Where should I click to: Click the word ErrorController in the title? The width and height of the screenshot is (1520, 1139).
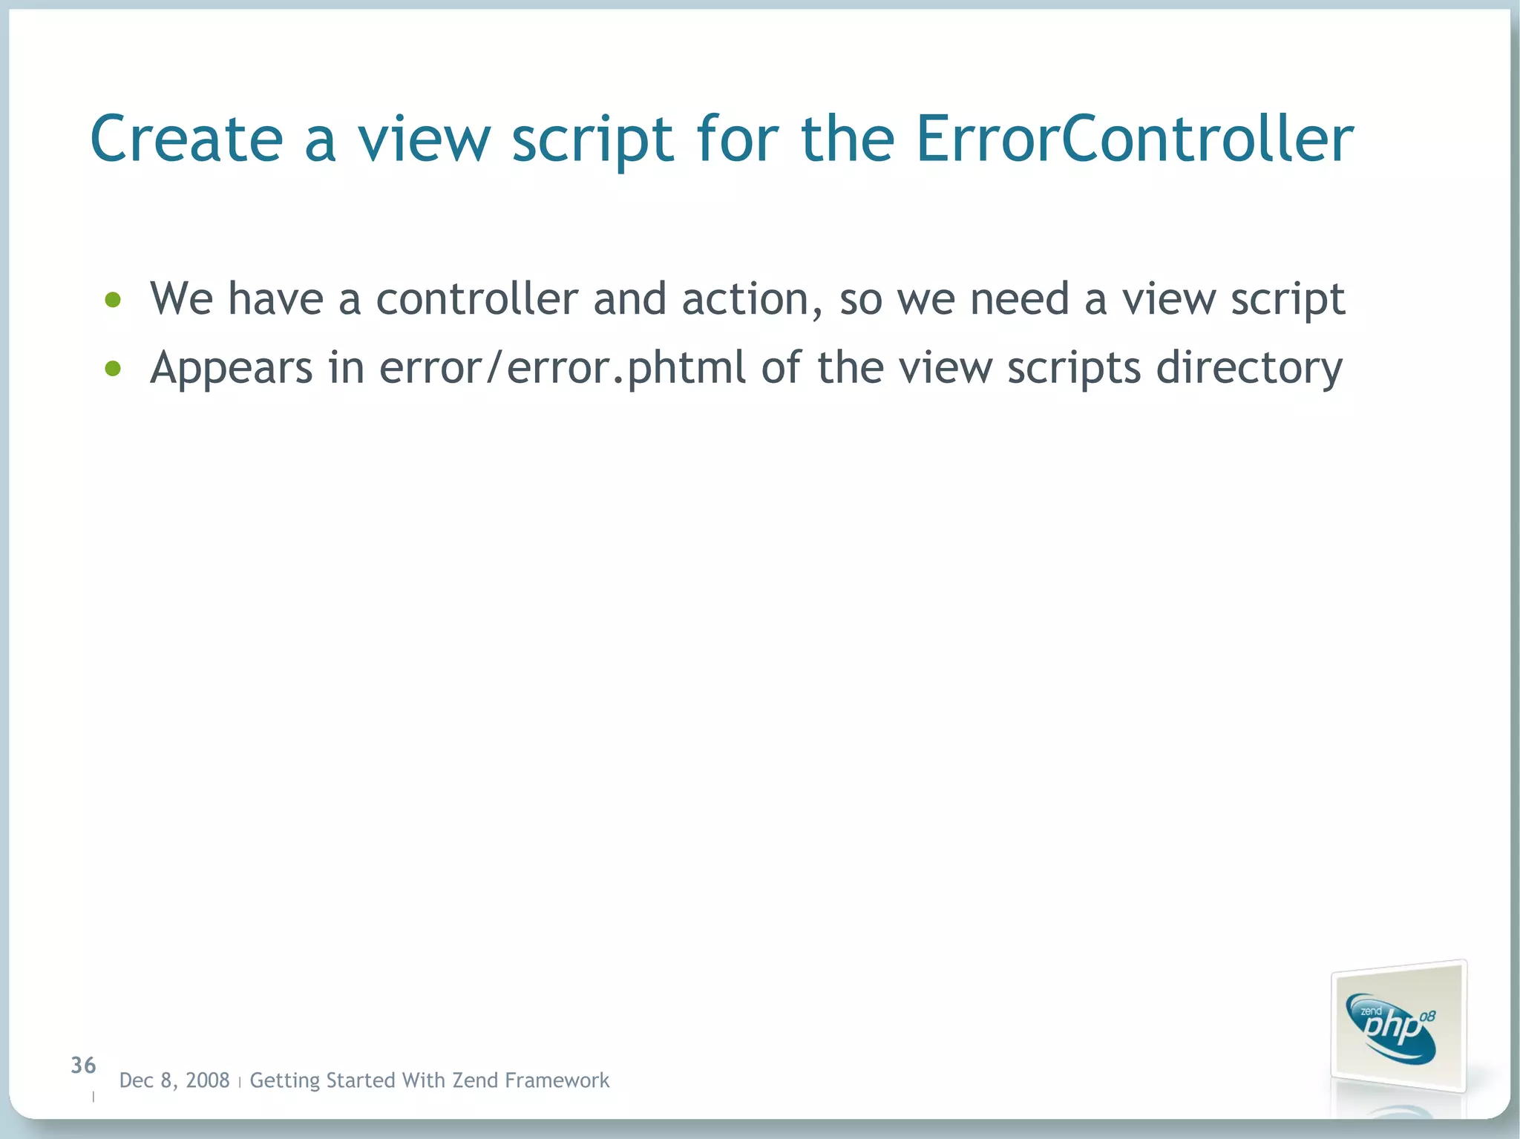tap(1134, 139)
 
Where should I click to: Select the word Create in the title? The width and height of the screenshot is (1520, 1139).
tap(186, 139)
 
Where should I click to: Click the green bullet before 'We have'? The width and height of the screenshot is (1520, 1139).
tap(113, 300)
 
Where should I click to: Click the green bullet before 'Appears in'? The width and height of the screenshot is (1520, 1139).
tap(113, 368)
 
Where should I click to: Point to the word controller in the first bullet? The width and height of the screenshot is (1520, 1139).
tap(476, 298)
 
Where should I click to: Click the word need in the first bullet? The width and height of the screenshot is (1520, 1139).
tap(1019, 298)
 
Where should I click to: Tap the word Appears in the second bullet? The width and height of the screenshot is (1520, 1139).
tap(231, 369)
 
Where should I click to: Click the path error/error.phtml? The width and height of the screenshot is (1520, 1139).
tap(562, 369)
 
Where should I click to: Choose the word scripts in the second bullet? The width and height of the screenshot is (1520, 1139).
tap(1073, 369)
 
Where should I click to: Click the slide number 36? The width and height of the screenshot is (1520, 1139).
tap(83, 1066)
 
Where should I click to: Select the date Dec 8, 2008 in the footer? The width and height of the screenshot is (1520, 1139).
tap(174, 1080)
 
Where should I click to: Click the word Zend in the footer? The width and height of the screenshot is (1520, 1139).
tap(475, 1080)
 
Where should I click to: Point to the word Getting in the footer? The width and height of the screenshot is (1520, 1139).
tap(285, 1080)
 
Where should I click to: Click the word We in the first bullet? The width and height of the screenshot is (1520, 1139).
tap(181, 298)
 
